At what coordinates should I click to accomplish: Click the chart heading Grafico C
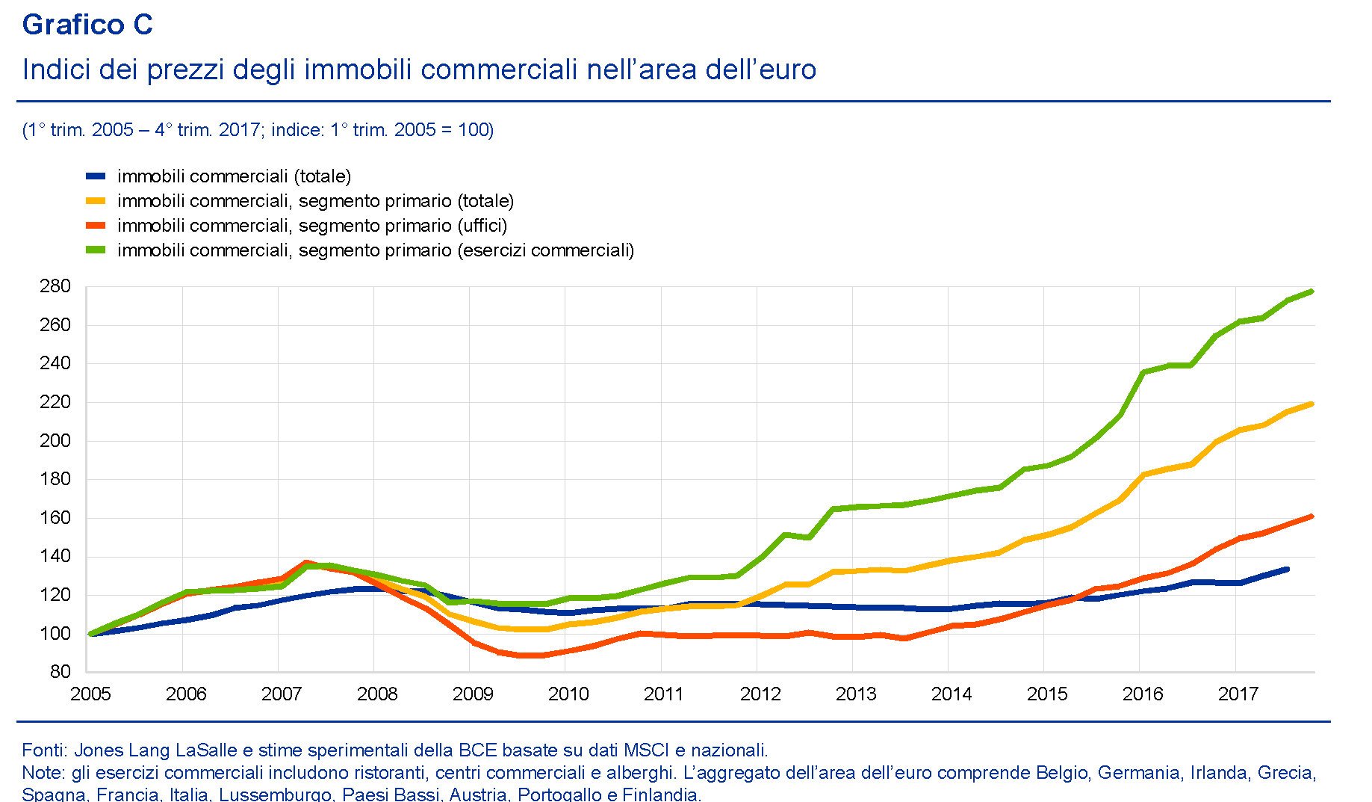tap(87, 25)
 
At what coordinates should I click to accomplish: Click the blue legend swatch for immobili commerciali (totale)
tap(96, 176)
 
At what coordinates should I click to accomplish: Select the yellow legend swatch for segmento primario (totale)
tap(96, 201)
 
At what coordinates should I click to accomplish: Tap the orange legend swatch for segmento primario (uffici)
tap(96, 226)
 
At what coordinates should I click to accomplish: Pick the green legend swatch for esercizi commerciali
tap(96, 250)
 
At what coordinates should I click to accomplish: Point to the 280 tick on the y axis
tap(55, 286)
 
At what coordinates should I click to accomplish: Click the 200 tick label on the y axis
tap(55, 440)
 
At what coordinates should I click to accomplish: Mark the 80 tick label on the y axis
tap(60, 671)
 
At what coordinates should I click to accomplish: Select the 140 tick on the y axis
tap(55, 556)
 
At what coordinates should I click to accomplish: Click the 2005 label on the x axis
tap(90, 694)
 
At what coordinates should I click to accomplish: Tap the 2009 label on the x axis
tap(473, 694)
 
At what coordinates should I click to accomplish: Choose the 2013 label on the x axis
tap(856, 694)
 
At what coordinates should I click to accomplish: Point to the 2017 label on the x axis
tap(1238, 694)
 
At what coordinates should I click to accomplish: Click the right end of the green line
tap(1312, 292)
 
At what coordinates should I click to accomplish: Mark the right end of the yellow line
tap(1312, 404)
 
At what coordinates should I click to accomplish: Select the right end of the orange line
tap(1312, 516)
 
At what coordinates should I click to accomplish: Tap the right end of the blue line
tap(1287, 570)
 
